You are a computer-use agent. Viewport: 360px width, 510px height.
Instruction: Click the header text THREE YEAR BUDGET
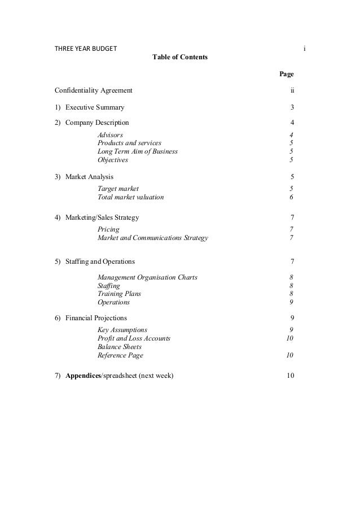pyautogui.click(x=86, y=48)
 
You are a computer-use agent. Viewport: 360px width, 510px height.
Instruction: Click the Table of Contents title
pyautogui.click(x=180, y=58)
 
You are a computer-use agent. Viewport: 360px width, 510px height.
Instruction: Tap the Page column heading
pyautogui.click(x=287, y=74)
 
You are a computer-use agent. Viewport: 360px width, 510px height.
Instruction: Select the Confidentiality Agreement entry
pyautogui.click(x=94, y=90)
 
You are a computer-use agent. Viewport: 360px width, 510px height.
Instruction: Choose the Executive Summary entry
pyautogui.click(x=95, y=107)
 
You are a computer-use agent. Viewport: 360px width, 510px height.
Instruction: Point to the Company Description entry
pyautogui.click(x=96, y=123)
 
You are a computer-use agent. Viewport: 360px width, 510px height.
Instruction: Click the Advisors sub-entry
pyautogui.click(x=110, y=135)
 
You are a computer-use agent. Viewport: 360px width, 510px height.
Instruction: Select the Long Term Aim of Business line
pyautogui.click(x=138, y=151)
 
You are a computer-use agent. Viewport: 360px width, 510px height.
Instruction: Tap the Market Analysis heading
pyautogui.click(x=89, y=177)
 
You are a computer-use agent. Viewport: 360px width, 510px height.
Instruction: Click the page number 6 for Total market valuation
pyautogui.click(x=291, y=198)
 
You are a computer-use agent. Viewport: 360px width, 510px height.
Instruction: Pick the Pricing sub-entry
pyautogui.click(x=108, y=229)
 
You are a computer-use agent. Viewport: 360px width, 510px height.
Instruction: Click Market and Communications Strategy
pyautogui.click(x=152, y=238)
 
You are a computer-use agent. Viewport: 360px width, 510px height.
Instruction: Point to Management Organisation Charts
pyautogui.click(x=147, y=277)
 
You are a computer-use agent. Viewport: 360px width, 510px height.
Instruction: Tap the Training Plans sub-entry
pyautogui.click(x=119, y=294)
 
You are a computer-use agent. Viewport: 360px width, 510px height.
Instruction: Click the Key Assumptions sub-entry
pyautogui.click(x=122, y=330)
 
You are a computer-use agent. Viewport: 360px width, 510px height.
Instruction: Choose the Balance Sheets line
pyautogui.click(x=120, y=347)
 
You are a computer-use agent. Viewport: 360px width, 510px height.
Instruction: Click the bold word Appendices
pyautogui.click(x=82, y=376)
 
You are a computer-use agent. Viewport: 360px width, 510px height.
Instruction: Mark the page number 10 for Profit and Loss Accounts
pyautogui.click(x=290, y=338)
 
